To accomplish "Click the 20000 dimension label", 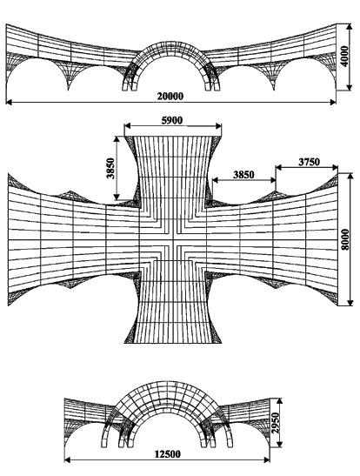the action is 170,97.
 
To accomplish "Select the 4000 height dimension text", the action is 345,57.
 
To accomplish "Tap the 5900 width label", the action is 172,120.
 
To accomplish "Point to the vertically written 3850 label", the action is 110,168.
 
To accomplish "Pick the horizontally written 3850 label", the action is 243,175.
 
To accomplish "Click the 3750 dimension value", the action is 309,162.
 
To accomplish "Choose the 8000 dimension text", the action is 345,239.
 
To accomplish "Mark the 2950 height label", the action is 275,423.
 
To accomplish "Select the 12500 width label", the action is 168,454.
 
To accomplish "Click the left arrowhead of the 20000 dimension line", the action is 9,103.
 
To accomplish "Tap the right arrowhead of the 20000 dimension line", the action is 333,103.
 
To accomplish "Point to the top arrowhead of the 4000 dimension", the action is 350,27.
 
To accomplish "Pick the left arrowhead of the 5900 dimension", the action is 127,125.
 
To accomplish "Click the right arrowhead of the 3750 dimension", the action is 335,167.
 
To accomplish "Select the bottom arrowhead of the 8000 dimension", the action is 350,303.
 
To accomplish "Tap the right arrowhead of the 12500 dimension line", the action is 267,460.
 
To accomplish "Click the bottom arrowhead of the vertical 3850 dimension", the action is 117,197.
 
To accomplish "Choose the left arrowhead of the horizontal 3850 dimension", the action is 216,180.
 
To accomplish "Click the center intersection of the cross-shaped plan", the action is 173,240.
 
